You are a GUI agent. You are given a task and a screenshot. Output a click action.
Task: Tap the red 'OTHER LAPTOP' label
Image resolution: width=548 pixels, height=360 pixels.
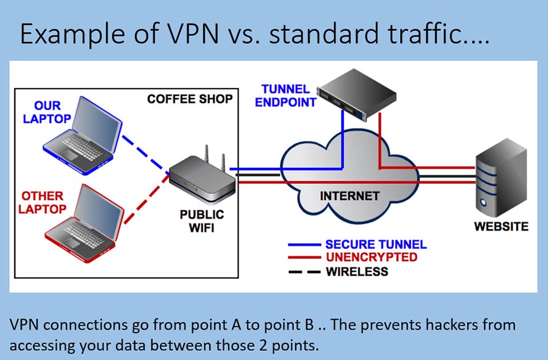coord(42,203)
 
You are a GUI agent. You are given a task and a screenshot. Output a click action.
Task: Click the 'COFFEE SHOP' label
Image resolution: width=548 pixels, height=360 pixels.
coord(190,99)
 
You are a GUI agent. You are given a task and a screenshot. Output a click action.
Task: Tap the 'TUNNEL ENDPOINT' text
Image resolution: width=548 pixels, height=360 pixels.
coord(285,96)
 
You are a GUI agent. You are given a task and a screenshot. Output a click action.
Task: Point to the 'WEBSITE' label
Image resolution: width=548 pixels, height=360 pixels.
coord(501,226)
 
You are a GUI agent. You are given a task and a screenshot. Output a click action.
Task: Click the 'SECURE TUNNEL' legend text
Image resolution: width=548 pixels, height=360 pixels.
coord(376,244)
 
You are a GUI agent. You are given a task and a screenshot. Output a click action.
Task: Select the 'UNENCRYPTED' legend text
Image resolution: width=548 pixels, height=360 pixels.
coord(371,257)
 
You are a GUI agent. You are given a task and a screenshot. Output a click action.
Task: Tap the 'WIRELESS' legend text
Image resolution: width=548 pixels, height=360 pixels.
coord(357,272)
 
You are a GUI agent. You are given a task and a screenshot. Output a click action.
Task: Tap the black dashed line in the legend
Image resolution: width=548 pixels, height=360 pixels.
coord(303,272)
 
